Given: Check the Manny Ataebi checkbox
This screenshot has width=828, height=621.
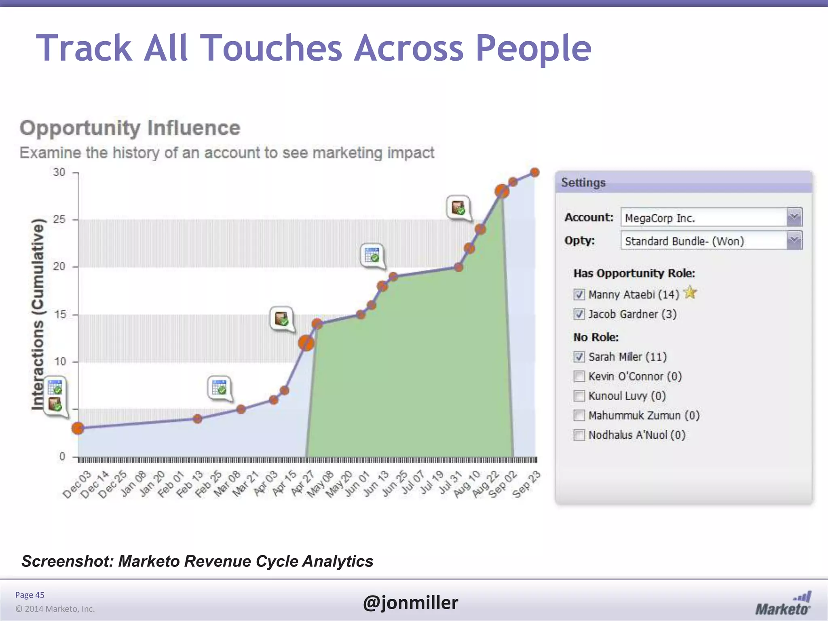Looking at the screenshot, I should tap(579, 294).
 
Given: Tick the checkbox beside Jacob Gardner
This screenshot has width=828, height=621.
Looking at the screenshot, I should tap(579, 314).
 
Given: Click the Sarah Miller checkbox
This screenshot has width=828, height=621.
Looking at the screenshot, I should tap(579, 357).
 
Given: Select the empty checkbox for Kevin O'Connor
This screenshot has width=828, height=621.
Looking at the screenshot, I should tap(579, 376).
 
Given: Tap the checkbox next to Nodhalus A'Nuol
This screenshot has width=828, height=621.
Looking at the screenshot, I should tap(579, 435).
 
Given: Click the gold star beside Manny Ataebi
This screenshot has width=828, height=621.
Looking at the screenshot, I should tap(690, 292).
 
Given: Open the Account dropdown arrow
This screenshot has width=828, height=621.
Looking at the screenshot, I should tap(794, 218).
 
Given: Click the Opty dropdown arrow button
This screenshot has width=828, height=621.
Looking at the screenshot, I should tap(794, 241).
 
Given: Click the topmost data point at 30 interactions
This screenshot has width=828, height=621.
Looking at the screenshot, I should tap(534, 173).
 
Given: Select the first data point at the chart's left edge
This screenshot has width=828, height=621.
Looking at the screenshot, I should tap(78, 428).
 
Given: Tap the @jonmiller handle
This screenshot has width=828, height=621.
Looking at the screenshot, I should tap(410, 602).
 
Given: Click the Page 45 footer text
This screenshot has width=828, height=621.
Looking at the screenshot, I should tap(30, 595).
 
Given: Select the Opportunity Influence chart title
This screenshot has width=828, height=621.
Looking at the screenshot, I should tap(130, 128).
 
